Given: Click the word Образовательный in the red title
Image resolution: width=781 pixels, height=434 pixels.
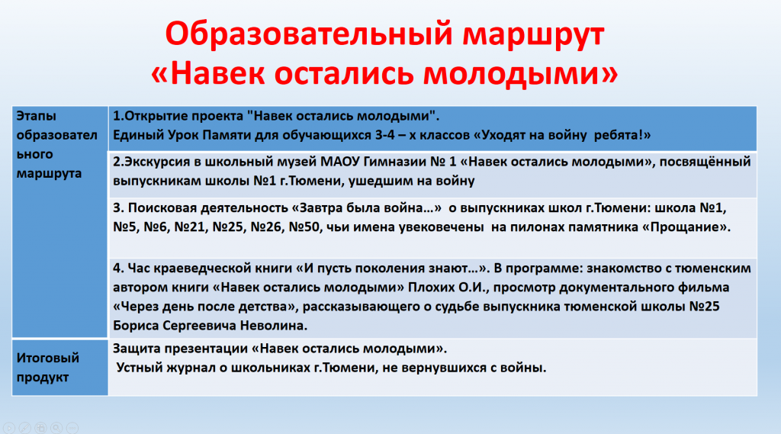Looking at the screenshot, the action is click(309, 35).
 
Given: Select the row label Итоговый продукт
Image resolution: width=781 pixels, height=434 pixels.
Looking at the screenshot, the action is click(48, 367).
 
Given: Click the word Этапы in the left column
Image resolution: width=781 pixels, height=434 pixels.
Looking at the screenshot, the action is click(37, 117).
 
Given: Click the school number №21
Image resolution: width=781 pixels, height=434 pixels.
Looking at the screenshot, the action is click(189, 227).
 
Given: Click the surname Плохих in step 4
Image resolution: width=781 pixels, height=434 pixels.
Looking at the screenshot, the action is click(432, 288).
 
